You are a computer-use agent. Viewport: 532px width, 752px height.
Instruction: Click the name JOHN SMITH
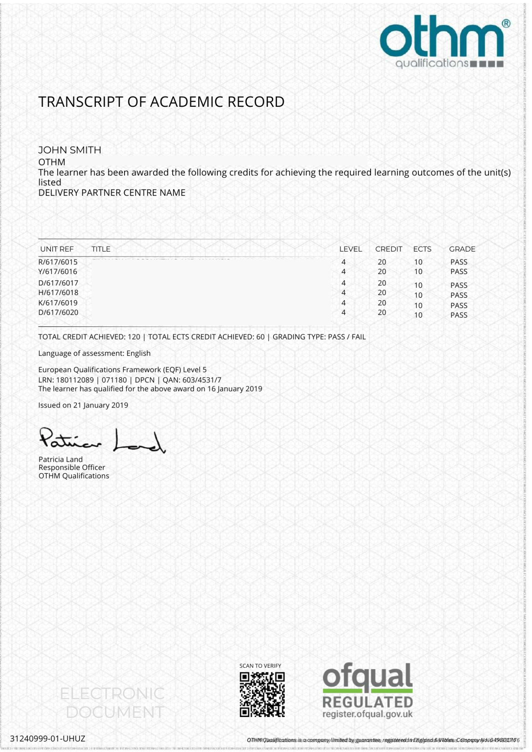[x=70, y=150]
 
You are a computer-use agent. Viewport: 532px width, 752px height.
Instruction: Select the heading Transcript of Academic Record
[x=161, y=102]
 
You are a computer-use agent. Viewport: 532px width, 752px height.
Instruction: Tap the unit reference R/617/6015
[x=58, y=262]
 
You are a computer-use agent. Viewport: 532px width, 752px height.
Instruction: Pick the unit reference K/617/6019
[x=58, y=303]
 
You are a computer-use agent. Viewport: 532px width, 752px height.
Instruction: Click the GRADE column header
[x=462, y=249]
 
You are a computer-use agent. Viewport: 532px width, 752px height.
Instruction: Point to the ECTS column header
[x=422, y=249]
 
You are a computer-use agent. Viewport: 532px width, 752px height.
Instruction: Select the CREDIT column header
[x=389, y=249]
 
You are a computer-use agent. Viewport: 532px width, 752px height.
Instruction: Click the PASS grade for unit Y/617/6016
[x=459, y=271]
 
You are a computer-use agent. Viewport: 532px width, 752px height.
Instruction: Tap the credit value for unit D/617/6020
[x=382, y=312]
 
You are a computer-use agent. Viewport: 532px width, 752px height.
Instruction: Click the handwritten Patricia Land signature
[x=102, y=441]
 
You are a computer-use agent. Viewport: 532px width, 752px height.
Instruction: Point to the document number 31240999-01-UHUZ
[x=48, y=738]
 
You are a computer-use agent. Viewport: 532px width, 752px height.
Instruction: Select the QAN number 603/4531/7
[x=202, y=380]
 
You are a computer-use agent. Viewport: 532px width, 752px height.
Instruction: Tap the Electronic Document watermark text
[x=112, y=703]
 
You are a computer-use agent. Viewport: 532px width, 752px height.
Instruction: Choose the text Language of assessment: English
[x=94, y=353]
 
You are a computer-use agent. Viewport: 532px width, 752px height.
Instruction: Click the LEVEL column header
[x=350, y=249]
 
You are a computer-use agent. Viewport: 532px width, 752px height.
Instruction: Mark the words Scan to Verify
[x=260, y=666]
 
